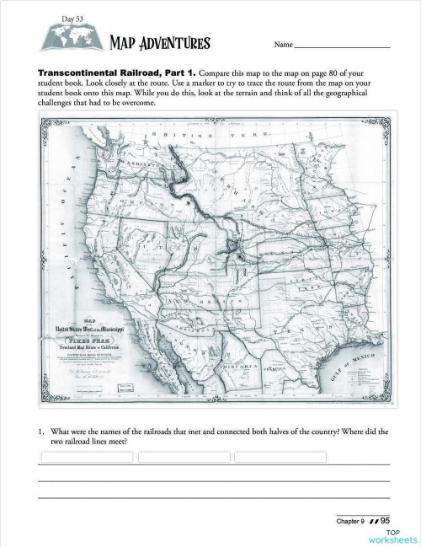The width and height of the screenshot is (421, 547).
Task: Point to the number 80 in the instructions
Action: click(345, 72)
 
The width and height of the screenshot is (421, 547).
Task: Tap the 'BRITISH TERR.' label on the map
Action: click(194, 134)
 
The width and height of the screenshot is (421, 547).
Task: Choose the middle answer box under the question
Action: click(184, 457)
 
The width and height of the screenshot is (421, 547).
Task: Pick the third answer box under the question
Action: click(280, 457)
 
